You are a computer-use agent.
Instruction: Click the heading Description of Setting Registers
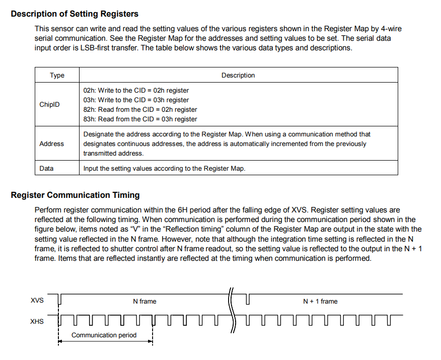tap(75, 14)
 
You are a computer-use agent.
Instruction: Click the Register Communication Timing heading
tap(75, 195)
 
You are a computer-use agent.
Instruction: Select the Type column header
tap(57, 76)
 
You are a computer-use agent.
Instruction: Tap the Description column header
tap(238, 76)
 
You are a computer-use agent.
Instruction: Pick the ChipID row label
tap(49, 105)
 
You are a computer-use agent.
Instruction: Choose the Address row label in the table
tap(51, 144)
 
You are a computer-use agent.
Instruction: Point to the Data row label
tap(46, 169)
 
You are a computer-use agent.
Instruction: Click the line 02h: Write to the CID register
tap(136, 91)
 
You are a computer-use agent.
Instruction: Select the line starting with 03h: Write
tap(136, 100)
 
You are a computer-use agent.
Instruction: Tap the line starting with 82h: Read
tap(140, 109)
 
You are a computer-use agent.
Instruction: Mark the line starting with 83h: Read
tap(140, 119)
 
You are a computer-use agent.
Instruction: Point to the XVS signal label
tap(37, 301)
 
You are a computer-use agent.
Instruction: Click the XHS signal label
tap(37, 321)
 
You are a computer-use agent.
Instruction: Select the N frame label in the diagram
tap(144, 302)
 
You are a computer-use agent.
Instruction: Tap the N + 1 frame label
tap(320, 302)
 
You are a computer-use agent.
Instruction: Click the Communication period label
tap(104, 335)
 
